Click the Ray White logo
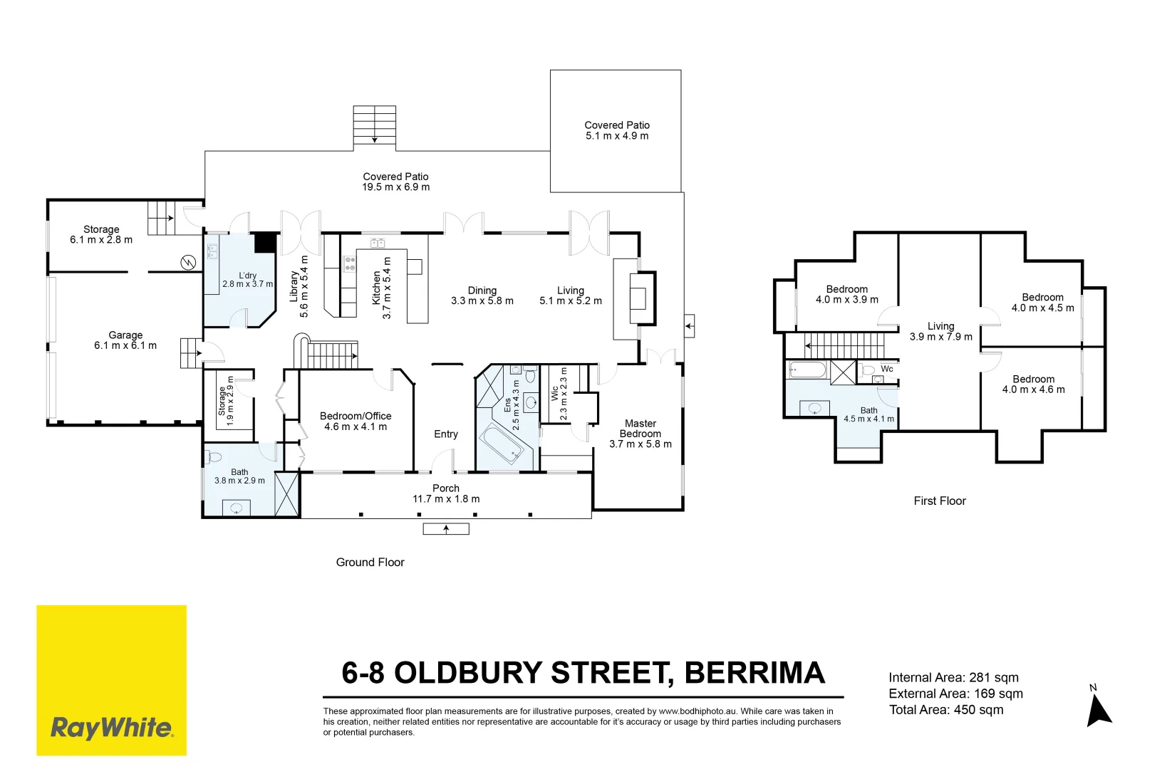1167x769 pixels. click(x=111, y=680)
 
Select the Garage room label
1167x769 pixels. click(x=125, y=335)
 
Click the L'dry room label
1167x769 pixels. click(x=247, y=276)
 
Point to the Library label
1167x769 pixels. click(x=294, y=286)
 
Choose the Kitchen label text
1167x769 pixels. click(x=376, y=288)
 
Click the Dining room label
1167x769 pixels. click(x=482, y=291)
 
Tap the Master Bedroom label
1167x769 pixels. click(x=640, y=429)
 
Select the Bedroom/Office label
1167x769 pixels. click(x=356, y=416)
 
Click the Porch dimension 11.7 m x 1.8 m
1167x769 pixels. click(x=446, y=499)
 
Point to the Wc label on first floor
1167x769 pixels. click(x=887, y=369)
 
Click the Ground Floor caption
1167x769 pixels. click(x=370, y=563)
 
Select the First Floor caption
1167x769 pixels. click(x=940, y=501)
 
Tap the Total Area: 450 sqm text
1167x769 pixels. click(x=946, y=710)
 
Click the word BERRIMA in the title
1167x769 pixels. click(x=754, y=673)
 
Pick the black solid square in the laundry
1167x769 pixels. click(x=264, y=243)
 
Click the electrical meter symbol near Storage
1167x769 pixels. click(x=188, y=263)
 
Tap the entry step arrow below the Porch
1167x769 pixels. click(x=446, y=529)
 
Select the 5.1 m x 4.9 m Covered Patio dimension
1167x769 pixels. click(x=617, y=136)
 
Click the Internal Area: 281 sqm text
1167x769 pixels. click(x=953, y=677)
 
